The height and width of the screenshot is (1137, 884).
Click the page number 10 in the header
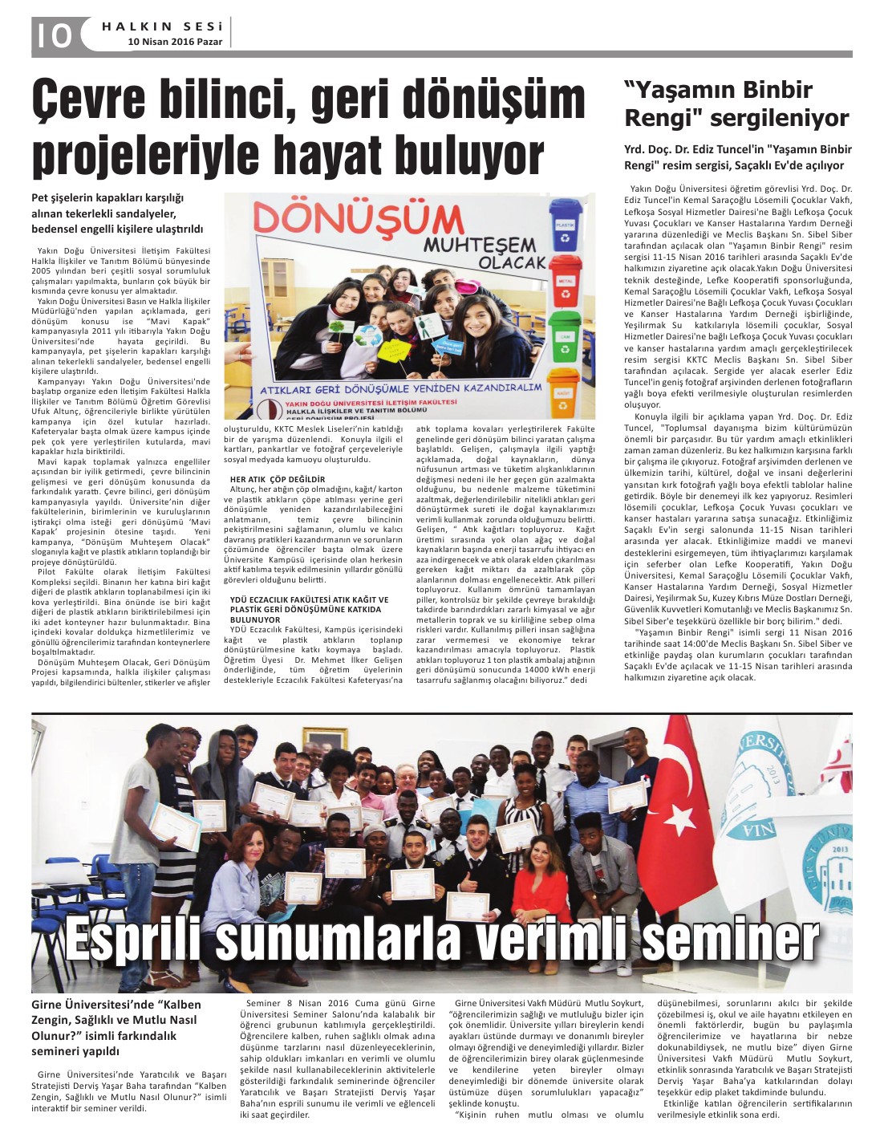coord(53,35)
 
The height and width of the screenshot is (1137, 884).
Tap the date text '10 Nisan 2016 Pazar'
coord(177,42)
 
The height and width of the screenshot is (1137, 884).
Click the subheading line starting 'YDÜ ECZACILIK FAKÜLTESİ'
coord(310,599)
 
